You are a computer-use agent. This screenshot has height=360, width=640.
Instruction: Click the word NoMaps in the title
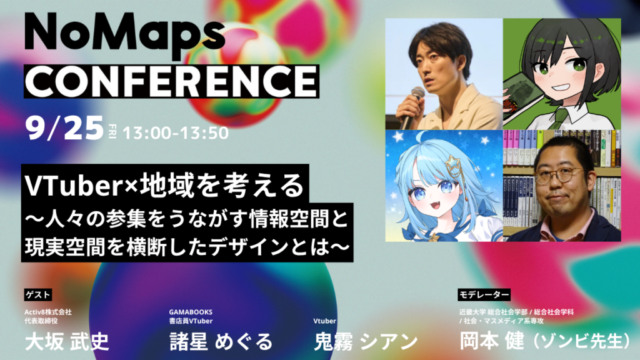124,36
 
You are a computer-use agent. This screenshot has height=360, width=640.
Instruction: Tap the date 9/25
64,128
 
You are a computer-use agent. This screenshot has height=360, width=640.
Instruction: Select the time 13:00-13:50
176,133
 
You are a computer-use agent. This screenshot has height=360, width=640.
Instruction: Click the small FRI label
112,131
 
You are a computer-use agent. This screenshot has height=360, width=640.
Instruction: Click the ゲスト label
38,294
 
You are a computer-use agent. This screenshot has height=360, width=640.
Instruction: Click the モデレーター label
484,294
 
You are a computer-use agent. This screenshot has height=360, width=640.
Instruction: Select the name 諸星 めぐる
221,341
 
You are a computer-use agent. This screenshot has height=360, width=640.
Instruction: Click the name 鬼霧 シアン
366,341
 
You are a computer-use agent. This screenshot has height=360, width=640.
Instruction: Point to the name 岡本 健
492,341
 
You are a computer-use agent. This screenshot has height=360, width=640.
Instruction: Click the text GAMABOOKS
191,312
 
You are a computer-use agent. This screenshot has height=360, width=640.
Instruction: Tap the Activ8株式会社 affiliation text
48,312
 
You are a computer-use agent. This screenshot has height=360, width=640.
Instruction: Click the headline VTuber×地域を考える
165,186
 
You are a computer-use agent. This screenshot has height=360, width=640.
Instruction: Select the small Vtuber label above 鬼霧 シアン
324,321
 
